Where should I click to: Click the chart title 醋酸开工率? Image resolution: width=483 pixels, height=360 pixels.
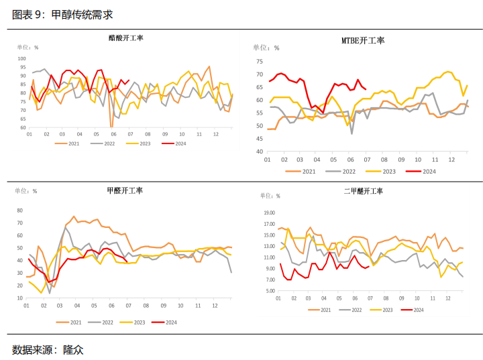tap(126, 38)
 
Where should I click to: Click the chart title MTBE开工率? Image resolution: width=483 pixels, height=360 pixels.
tap(363, 41)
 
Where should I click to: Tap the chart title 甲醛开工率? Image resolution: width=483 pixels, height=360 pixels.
tap(125, 190)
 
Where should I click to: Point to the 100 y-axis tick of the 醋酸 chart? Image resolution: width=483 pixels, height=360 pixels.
tap(21, 58)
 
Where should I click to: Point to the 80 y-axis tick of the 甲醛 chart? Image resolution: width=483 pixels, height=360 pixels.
tap(21, 210)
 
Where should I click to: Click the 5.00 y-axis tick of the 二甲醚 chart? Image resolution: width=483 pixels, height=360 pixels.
tap(270, 291)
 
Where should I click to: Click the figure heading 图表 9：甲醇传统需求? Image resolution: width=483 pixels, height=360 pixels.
tap(62, 14)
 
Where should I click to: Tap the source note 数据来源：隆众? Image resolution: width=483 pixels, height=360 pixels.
tap(48, 349)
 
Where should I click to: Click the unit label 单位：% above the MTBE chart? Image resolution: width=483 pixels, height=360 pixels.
tap(266, 48)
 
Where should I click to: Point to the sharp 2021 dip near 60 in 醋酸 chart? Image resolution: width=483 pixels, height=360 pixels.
tap(111, 125)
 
